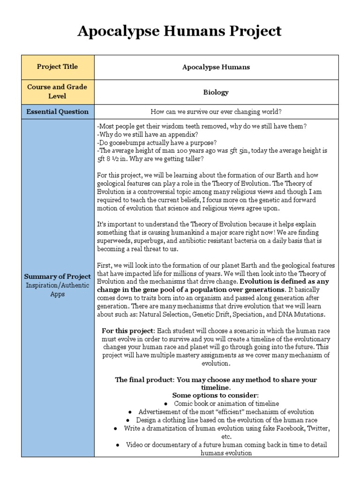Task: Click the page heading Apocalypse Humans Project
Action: (x=180, y=31)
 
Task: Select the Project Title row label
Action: (x=57, y=67)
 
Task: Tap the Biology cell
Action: (x=216, y=92)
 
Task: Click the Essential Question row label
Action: (x=57, y=112)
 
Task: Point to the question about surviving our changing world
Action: (x=216, y=112)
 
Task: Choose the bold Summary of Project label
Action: (x=57, y=277)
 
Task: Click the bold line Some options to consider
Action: (x=216, y=395)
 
